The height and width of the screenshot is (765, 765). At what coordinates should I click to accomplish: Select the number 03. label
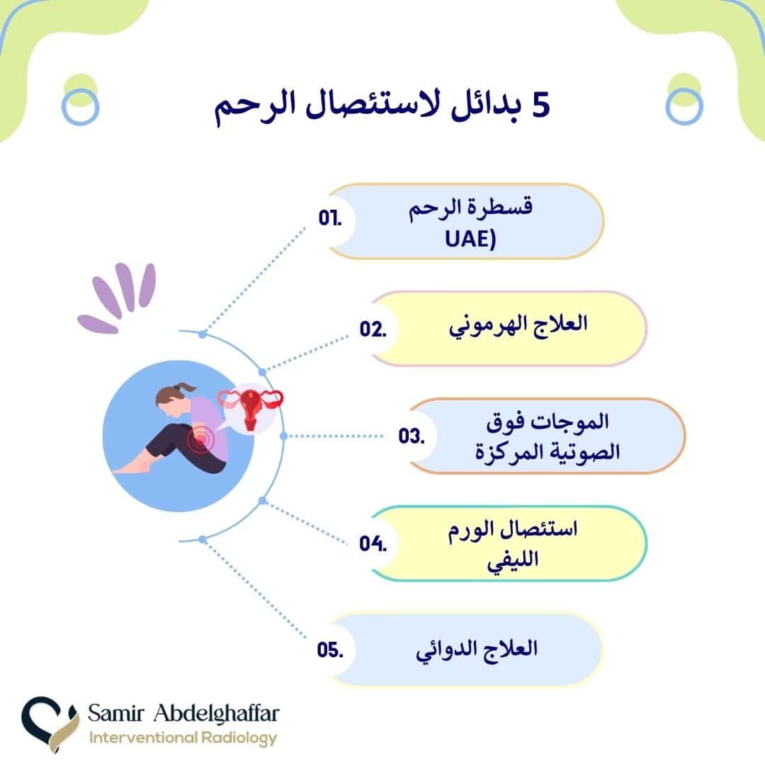point(410,436)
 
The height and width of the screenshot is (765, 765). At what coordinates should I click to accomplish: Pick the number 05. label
point(330,650)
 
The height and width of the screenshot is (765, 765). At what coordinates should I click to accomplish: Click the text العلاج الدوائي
point(477,648)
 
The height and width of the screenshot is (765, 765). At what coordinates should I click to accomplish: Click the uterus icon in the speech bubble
point(250,409)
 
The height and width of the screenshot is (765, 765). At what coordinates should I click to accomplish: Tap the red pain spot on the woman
point(201,441)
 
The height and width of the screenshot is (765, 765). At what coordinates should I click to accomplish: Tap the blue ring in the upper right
point(684,107)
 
